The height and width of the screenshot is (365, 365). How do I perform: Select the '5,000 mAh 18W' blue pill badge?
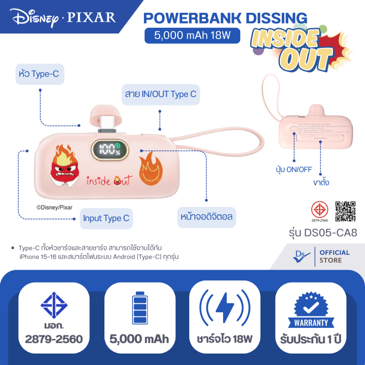(192, 36)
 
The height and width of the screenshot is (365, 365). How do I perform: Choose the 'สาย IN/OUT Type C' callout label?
(160, 94)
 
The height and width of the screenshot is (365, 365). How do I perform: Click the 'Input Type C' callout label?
(106, 218)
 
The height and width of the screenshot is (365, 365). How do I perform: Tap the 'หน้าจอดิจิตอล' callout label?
(207, 216)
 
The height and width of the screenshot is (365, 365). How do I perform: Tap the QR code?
(346, 211)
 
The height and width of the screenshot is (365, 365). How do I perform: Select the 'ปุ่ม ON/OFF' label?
(294, 169)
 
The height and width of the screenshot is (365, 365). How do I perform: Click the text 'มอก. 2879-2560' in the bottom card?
(54, 333)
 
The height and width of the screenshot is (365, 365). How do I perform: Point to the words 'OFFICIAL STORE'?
(334, 256)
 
